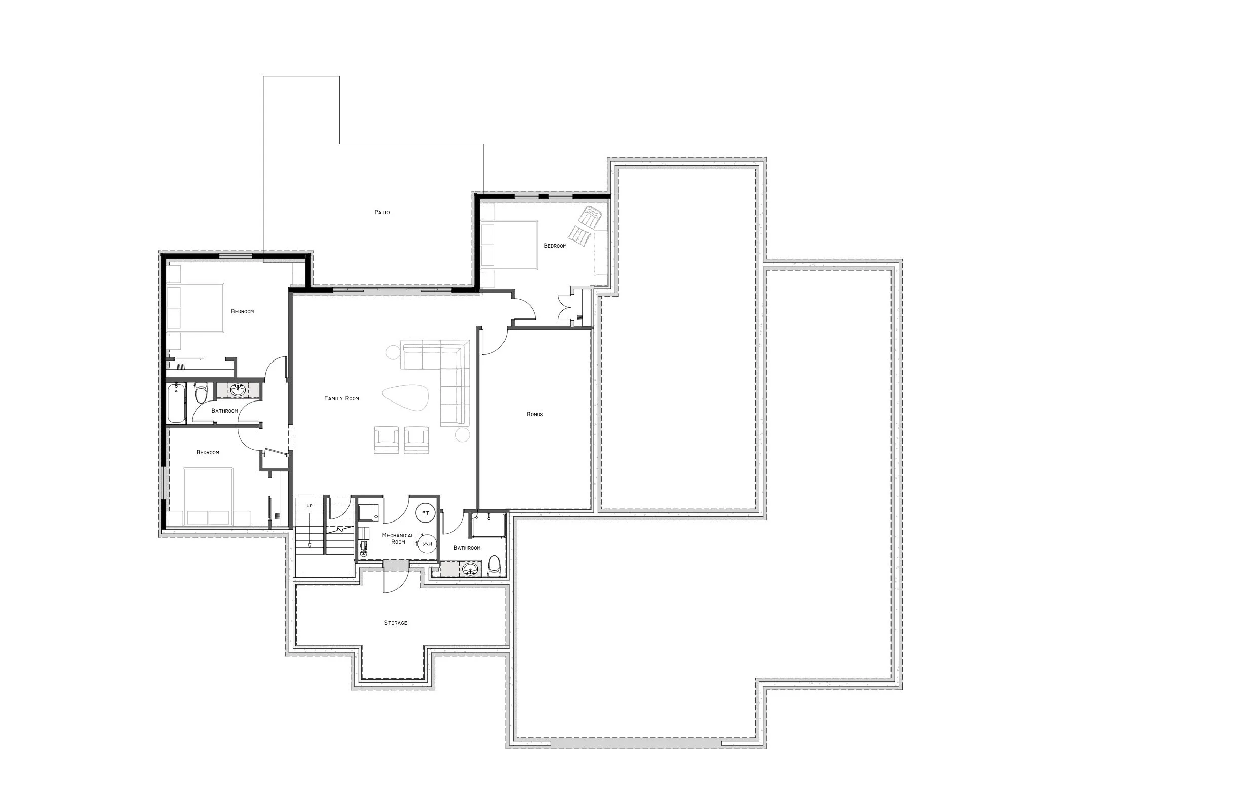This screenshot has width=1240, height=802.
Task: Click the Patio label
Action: click(382, 213)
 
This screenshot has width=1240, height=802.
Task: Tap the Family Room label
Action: click(341, 399)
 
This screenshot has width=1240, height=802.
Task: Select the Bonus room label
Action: click(534, 415)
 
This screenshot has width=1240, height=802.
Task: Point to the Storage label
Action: click(396, 623)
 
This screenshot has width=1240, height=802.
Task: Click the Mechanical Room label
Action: click(398, 539)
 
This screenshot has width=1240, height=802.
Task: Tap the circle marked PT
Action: click(425, 513)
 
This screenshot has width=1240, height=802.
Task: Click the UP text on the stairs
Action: click(309, 506)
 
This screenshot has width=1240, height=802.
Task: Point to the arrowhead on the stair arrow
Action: click(309, 545)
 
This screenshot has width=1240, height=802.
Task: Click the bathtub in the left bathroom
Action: click(176, 404)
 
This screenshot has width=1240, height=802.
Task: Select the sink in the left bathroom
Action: click(238, 389)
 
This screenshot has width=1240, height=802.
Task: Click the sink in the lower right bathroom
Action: click(471, 569)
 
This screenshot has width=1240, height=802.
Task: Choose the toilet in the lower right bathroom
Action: click(494, 566)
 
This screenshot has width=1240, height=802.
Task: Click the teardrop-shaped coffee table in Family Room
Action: click(406, 398)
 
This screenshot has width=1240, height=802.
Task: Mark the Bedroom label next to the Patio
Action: click(555, 246)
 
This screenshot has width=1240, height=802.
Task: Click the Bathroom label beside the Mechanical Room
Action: click(467, 548)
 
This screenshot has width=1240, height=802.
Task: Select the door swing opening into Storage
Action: click(394, 582)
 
